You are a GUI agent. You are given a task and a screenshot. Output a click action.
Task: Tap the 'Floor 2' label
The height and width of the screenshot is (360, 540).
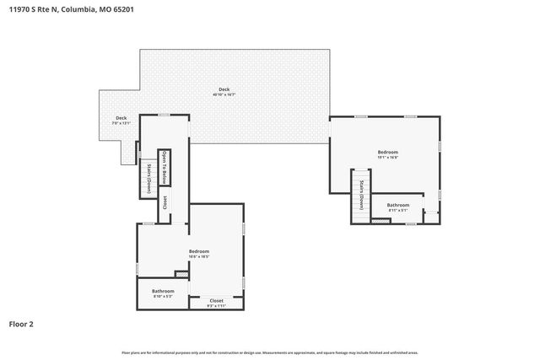click(21, 323)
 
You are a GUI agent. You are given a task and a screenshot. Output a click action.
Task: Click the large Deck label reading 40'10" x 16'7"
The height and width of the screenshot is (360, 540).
click(224, 91)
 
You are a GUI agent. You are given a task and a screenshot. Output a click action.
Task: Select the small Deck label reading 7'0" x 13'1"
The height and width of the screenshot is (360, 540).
click(121, 120)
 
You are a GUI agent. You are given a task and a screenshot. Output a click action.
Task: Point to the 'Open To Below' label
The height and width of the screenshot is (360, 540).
click(165, 165)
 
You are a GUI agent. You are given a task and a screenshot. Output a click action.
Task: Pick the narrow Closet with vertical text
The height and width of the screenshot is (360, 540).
click(165, 202)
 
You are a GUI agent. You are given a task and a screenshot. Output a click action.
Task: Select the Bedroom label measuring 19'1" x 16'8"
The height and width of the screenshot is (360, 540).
click(387, 154)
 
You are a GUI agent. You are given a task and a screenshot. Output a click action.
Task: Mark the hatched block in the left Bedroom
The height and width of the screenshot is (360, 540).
click(181, 273)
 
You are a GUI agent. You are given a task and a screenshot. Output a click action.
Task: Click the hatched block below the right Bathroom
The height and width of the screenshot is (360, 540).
click(381, 222)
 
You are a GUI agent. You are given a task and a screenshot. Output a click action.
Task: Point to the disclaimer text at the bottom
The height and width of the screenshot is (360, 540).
click(269, 352)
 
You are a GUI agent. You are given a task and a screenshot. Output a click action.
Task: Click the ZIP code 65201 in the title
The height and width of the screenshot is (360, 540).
click(121, 9)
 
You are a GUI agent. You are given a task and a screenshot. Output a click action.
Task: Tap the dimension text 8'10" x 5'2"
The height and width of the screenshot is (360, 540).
click(163, 297)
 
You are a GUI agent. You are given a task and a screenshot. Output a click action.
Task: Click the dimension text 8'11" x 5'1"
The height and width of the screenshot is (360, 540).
click(397, 211)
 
